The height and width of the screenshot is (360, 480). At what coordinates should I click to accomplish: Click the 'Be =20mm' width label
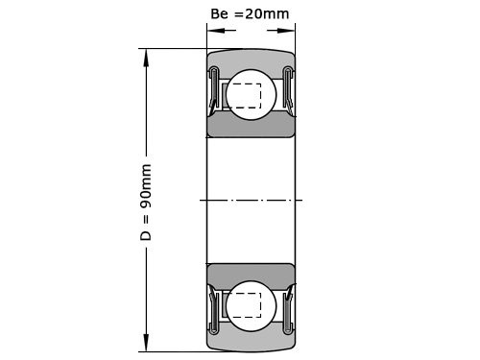pos(249,14)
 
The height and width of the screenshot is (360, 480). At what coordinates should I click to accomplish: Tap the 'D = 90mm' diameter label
pos(146,202)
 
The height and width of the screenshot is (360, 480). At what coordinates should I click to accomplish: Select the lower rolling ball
pos(250,304)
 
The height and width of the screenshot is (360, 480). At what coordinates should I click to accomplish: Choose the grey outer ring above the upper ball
pos(251,58)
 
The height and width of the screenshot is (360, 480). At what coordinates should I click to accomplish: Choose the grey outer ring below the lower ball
pos(251,342)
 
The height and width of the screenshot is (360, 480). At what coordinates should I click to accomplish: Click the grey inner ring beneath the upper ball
pos(251,129)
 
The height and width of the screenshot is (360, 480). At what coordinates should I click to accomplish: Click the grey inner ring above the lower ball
pos(251,272)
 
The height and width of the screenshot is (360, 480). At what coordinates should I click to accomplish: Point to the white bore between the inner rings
pos(251,173)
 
